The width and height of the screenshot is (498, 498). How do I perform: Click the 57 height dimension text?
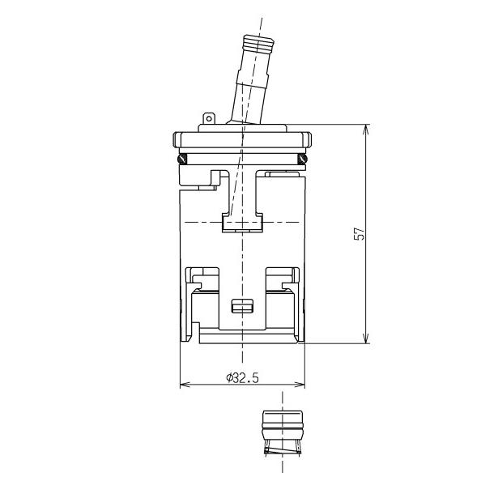point(362,233)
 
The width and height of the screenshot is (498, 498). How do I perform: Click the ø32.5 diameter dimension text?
point(242,377)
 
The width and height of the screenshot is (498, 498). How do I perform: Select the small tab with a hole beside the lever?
point(208,120)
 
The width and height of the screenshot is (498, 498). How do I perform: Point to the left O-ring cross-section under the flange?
point(183,158)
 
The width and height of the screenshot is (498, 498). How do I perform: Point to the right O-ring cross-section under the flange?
point(302,158)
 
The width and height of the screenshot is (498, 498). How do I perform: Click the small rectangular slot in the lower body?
point(242,305)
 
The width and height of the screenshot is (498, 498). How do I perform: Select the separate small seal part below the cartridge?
point(281,433)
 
